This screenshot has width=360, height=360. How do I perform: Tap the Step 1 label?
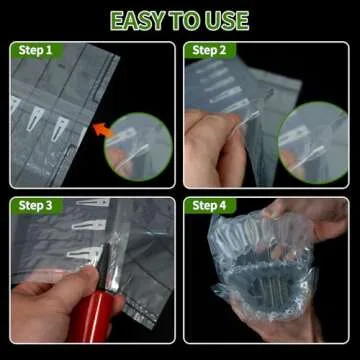pyautogui.click(x=33, y=49)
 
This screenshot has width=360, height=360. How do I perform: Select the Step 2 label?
pyautogui.click(x=208, y=49)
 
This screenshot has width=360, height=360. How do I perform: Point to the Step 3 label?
pyautogui.click(x=33, y=206)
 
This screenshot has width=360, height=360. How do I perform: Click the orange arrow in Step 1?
pyautogui.click(x=100, y=127)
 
